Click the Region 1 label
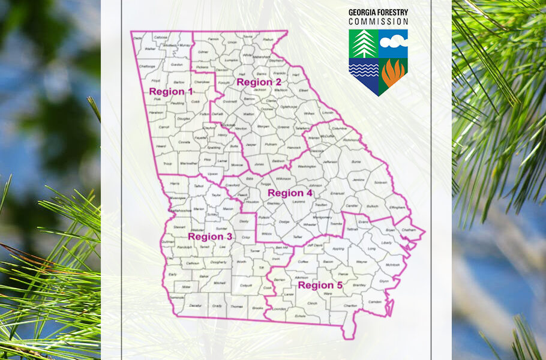point(171,92)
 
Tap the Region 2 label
point(259,82)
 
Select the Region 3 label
point(210,236)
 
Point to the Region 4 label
point(290,193)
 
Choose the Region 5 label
point(320,285)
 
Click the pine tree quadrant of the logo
point(364,44)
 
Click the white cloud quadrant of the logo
point(393,43)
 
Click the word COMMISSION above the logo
point(378,21)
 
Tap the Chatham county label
point(408,229)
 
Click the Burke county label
point(356,161)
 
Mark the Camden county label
point(375,301)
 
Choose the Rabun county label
point(268,40)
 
